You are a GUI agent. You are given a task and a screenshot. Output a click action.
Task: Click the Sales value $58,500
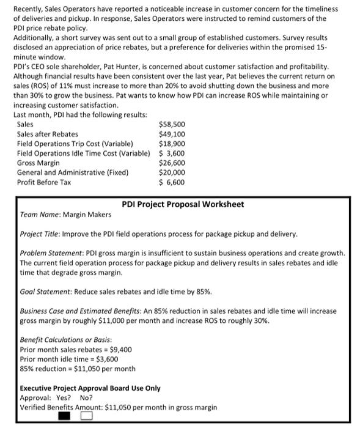(172, 124)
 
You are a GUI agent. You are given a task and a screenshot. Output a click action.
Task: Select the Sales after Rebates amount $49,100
(172, 134)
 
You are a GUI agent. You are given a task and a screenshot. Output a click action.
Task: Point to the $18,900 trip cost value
(172, 144)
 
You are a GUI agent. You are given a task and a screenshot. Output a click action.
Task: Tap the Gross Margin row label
(39, 163)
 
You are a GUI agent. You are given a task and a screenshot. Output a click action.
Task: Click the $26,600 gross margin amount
(172, 163)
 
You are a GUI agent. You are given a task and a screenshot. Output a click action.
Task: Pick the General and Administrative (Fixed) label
(73, 172)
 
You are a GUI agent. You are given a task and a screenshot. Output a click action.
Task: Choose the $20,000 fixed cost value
(172, 172)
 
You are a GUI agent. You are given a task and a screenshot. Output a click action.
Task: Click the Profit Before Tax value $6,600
(172, 182)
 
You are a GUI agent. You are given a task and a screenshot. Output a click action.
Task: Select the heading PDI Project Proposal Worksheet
(183, 204)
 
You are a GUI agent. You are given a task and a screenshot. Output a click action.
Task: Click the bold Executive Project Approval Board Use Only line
(90, 388)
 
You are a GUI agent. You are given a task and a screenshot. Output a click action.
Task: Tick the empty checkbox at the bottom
(87, 418)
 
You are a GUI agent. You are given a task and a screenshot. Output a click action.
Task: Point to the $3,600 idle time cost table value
(172, 153)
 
